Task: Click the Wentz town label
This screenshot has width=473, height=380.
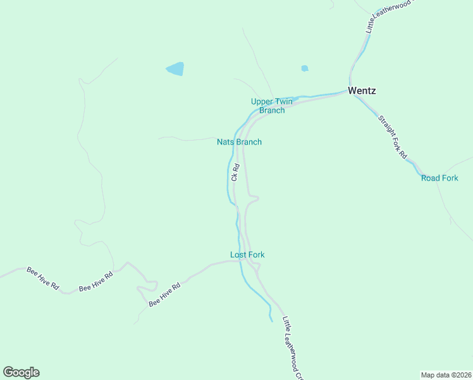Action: click(x=362, y=91)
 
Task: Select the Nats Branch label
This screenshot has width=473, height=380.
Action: click(x=239, y=142)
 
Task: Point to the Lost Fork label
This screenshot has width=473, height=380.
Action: click(x=247, y=255)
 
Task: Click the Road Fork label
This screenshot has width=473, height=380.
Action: click(x=439, y=178)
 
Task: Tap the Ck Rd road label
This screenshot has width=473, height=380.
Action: click(x=235, y=173)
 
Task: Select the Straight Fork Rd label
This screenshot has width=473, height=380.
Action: click(x=392, y=136)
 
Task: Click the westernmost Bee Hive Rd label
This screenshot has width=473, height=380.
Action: click(x=42, y=279)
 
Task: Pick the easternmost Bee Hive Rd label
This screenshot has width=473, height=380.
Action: click(x=164, y=295)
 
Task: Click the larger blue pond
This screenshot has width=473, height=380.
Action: click(x=175, y=68)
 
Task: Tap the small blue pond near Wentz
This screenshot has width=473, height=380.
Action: click(x=305, y=68)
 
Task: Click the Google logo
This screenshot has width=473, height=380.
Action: click(x=21, y=372)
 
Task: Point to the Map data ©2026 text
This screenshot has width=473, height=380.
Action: click(x=446, y=374)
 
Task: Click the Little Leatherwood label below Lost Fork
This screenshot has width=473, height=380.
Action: click(x=293, y=348)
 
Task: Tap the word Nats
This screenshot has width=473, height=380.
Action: click(x=226, y=142)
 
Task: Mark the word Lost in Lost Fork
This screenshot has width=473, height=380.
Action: click(x=238, y=255)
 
